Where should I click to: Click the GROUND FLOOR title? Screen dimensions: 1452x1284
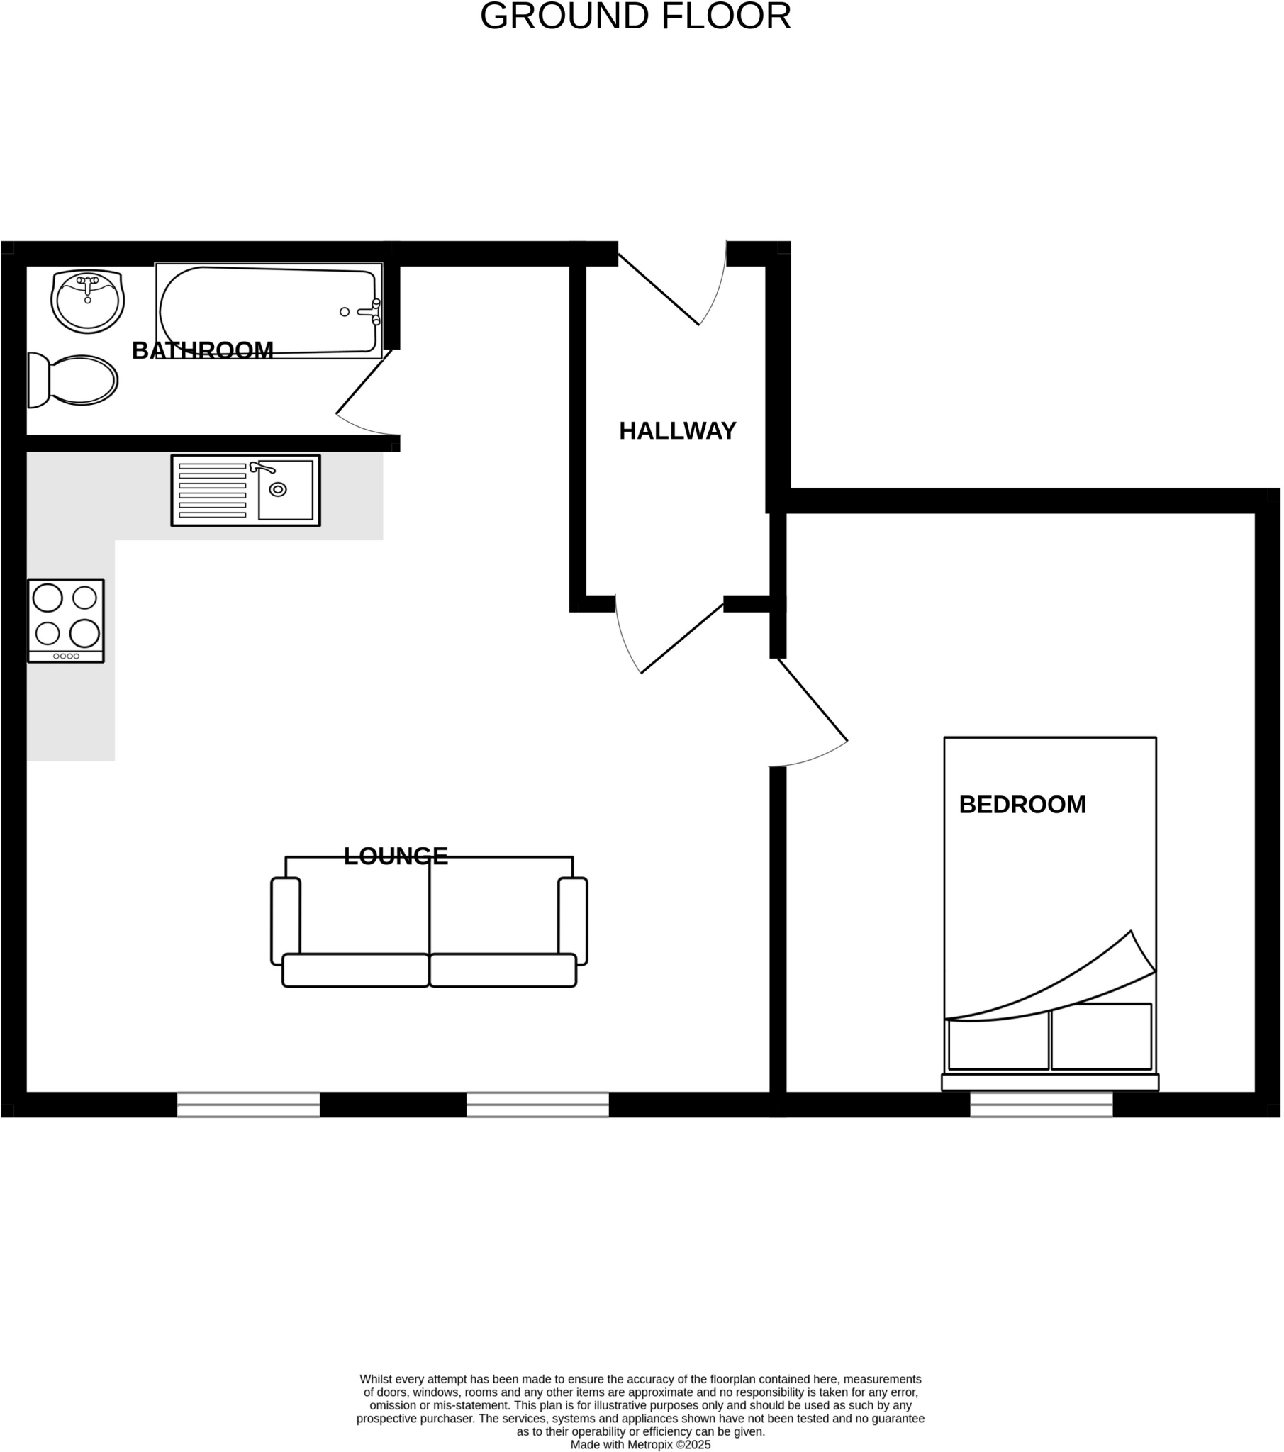click(635, 16)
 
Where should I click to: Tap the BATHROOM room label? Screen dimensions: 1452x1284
click(203, 350)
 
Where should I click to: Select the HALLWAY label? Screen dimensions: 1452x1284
click(677, 431)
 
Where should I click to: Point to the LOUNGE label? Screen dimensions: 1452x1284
click(396, 856)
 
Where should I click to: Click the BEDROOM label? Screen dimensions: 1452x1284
click(1022, 805)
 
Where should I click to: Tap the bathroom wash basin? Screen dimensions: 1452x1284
click(87, 301)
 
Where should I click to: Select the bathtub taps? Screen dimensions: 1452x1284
click(372, 312)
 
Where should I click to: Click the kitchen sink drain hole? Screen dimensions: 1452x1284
click(278, 489)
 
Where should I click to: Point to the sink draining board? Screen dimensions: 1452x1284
click(213, 490)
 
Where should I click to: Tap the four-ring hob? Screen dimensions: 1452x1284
click(66, 620)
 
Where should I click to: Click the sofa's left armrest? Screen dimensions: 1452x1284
click(286, 922)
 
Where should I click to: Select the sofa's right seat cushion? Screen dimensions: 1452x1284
click(503, 971)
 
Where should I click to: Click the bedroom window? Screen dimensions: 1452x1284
click(1041, 1105)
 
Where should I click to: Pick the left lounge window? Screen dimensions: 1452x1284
click(248, 1105)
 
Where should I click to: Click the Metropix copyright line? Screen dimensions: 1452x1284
click(640, 1444)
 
